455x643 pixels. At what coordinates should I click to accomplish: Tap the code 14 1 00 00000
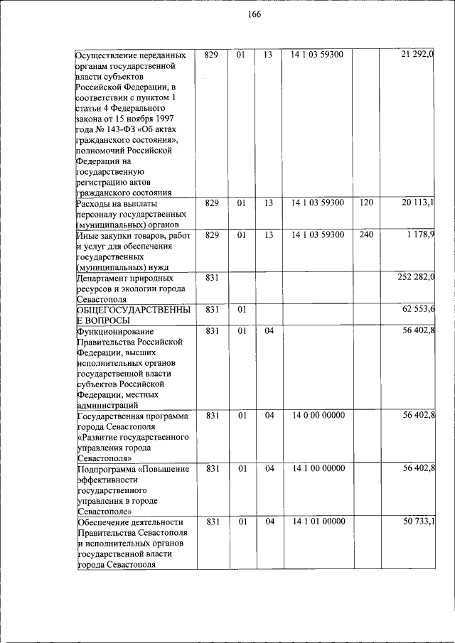(x=318, y=468)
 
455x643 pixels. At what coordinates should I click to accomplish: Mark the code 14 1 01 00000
(x=318, y=522)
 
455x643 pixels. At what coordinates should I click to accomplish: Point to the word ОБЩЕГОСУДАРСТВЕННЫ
(x=132, y=310)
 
